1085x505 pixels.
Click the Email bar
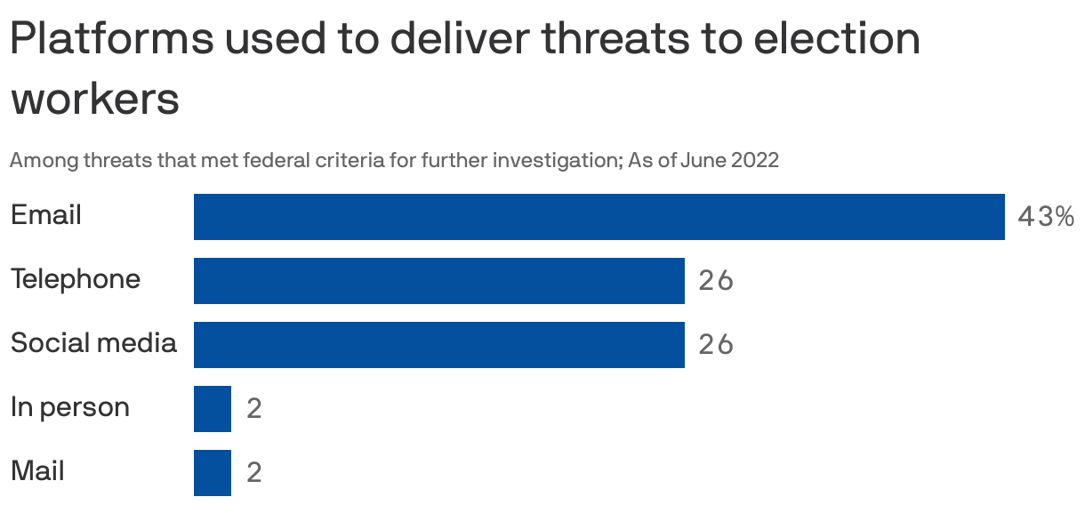pyautogui.click(x=599, y=217)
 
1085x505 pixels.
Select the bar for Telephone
pyautogui.click(x=438, y=281)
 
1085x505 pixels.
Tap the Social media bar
pyautogui.click(x=438, y=345)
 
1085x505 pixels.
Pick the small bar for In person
pyautogui.click(x=213, y=409)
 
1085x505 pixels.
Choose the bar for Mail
pyautogui.click(x=213, y=473)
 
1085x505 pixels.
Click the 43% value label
pyautogui.click(x=1045, y=217)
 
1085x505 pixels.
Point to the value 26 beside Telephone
pyautogui.click(x=716, y=281)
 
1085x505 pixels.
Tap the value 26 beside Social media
pyautogui.click(x=716, y=345)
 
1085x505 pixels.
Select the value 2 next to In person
pyautogui.click(x=254, y=409)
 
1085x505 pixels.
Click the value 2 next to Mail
pyautogui.click(x=254, y=473)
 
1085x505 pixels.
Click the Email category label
pyautogui.click(x=46, y=215)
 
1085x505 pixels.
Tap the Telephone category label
pyautogui.click(x=76, y=279)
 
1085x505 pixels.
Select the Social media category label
pyautogui.click(x=93, y=343)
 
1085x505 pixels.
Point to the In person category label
pyautogui.click(x=70, y=407)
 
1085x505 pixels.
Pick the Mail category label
pyautogui.click(x=37, y=471)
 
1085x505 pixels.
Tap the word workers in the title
pyautogui.click(x=95, y=100)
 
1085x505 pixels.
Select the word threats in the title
pyautogui.click(x=608, y=39)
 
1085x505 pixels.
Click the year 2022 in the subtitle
pyautogui.click(x=754, y=161)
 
